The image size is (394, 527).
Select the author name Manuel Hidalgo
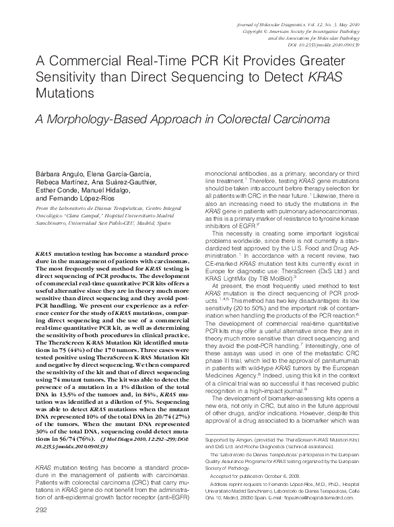point(103,190)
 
